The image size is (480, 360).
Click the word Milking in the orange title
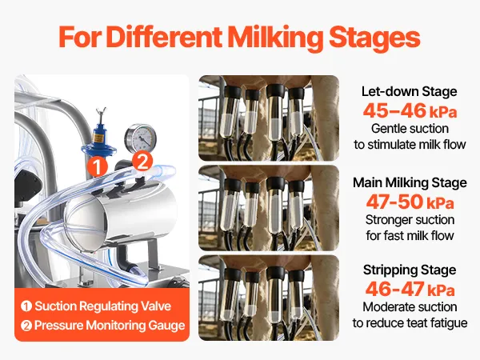click(275, 37)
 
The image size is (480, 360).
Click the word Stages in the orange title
click(374, 37)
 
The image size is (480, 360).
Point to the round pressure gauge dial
click(141, 138)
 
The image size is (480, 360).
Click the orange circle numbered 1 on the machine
click(97, 167)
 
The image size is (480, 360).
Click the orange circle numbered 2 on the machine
click(142, 162)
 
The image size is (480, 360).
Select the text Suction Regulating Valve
click(103, 306)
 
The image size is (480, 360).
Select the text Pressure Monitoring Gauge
click(110, 325)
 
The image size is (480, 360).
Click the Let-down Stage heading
click(410, 91)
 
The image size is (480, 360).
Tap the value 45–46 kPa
click(410, 111)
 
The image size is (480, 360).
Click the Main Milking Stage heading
click(410, 182)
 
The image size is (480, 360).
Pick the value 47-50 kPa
click(410, 202)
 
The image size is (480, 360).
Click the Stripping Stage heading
click(410, 270)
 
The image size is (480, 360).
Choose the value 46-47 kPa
click(410, 289)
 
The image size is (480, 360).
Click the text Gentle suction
click(410, 129)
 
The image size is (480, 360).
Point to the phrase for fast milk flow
click(410, 236)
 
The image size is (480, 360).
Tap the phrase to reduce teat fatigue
click(410, 323)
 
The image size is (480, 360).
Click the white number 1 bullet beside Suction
click(26, 306)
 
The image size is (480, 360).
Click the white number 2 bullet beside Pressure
click(26, 326)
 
